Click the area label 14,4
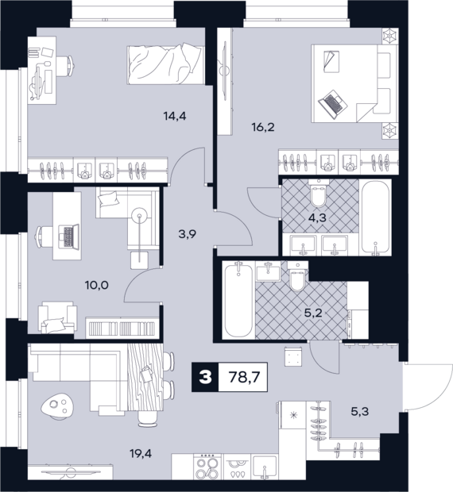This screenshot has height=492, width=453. pos(175,117)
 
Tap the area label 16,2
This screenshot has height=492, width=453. pos(263,128)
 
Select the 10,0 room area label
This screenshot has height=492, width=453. pos(97,285)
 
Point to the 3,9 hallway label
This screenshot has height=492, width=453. pos(188,234)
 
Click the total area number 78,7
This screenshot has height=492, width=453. pos(245,377)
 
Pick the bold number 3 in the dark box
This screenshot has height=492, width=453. pos(206,377)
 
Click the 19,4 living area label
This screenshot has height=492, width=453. pos(141,453)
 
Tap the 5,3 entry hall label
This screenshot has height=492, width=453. pos(360,411)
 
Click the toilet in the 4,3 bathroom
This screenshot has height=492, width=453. pos(318,194)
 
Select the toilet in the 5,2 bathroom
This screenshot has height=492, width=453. pos(297,276)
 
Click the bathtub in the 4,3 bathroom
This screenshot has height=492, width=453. pos(376,217)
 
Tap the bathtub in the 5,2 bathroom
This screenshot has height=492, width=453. pos(238,300)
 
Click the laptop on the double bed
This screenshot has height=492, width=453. pos(333,105)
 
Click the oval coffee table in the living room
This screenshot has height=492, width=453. pos(57,406)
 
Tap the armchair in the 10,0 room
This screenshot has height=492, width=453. pos(57,317)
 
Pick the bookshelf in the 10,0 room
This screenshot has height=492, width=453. pos(122,328)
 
